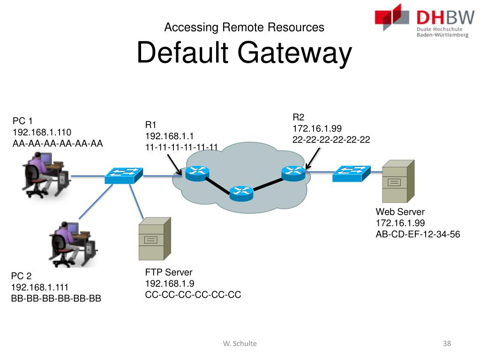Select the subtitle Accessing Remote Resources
(244, 27)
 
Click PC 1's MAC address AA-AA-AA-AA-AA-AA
(58, 143)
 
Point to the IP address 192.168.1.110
(42, 132)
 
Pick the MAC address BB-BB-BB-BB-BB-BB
(56, 298)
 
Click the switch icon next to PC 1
(123, 175)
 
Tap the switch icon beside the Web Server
(351, 173)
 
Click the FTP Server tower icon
(154, 239)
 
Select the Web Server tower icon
(397, 181)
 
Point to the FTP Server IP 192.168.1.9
(170, 284)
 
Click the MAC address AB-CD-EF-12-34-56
(418, 234)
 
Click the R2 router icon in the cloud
(293, 173)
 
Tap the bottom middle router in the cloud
(241, 192)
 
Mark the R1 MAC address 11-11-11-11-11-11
(181, 147)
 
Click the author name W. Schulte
(240, 344)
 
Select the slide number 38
(446, 344)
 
